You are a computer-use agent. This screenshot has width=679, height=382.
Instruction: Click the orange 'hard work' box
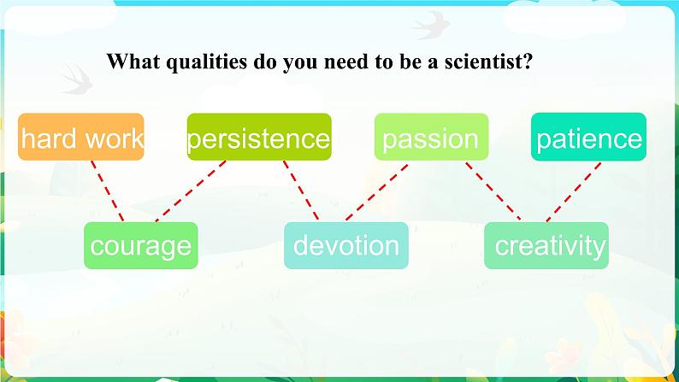click(x=81, y=137)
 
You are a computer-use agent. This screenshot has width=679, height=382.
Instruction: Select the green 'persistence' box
click(x=259, y=137)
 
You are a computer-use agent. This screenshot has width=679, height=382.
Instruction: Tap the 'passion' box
click(x=431, y=137)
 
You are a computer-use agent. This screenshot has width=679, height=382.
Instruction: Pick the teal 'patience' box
click(x=588, y=137)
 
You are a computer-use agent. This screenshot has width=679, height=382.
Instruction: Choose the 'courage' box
click(x=141, y=245)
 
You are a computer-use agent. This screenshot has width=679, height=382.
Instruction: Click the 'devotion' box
click(x=346, y=245)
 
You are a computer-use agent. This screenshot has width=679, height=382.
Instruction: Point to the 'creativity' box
click(x=546, y=245)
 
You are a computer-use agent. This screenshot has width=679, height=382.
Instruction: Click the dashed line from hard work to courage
click(x=108, y=191)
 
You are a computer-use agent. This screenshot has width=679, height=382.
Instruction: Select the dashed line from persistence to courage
click(x=191, y=191)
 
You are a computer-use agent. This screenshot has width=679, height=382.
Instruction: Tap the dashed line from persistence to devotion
click(x=301, y=191)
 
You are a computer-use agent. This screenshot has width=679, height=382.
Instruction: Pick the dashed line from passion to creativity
click(x=493, y=191)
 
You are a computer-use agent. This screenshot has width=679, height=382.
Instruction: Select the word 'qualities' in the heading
click(x=207, y=62)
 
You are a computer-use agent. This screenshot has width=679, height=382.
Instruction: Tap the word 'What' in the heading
click(x=133, y=61)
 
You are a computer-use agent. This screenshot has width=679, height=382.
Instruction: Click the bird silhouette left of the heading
click(x=76, y=79)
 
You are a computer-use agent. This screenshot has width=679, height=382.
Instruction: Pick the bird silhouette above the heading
click(x=431, y=26)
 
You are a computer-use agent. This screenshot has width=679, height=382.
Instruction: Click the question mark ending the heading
click(x=528, y=61)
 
